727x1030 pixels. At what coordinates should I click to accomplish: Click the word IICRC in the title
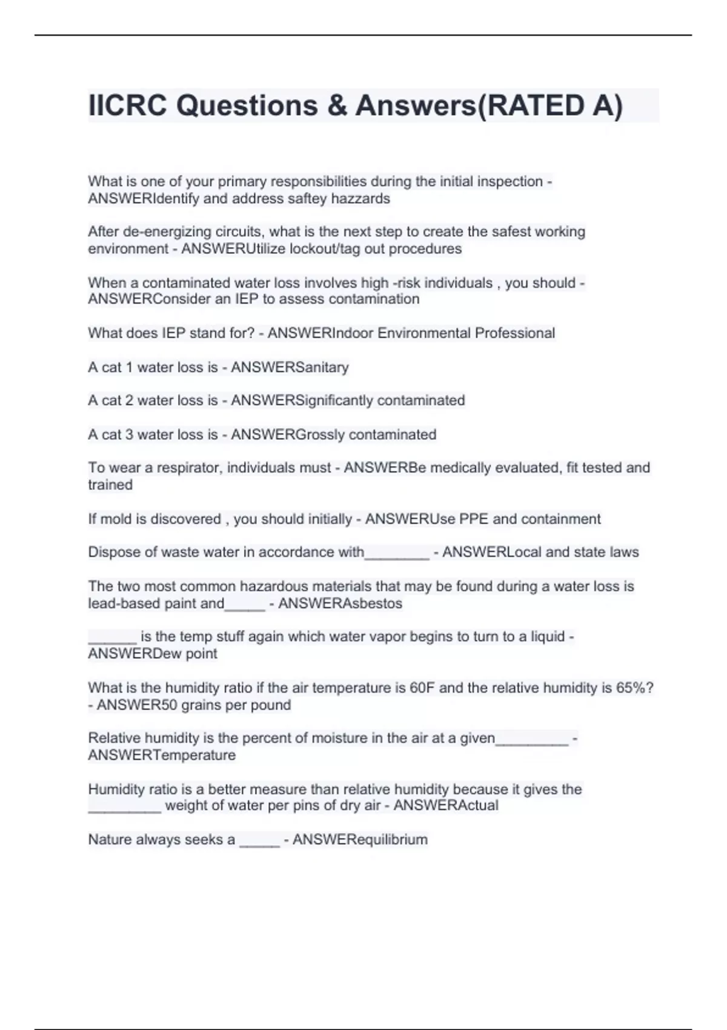[x=127, y=105]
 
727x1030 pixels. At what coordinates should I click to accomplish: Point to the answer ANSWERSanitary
[x=290, y=367]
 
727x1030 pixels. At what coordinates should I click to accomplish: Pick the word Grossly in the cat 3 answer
[x=320, y=434]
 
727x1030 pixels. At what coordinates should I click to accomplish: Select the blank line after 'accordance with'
[x=397, y=554]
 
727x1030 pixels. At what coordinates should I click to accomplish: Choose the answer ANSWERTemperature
[x=162, y=756]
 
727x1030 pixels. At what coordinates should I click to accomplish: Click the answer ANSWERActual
[x=446, y=805]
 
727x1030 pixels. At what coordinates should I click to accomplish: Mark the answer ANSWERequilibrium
[x=360, y=839]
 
